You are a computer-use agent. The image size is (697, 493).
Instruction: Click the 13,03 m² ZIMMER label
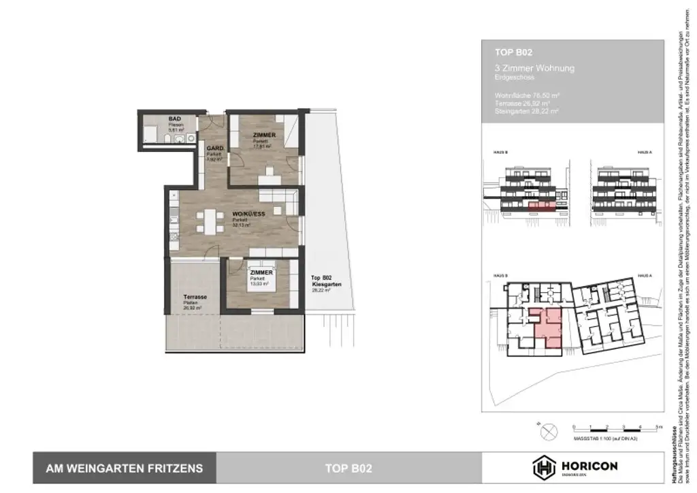point(261,273)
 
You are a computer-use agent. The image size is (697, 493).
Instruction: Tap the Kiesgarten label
point(323,283)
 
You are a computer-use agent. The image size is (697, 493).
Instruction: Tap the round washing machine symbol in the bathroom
point(150,134)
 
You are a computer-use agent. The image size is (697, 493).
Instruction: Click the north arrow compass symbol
point(548,431)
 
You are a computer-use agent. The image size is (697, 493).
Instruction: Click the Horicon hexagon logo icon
point(542,467)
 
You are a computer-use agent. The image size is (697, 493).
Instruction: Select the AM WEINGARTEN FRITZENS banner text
point(124,468)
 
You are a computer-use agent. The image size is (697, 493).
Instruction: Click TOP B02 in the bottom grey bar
point(348,468)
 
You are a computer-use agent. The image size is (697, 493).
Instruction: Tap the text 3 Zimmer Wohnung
point(534,68)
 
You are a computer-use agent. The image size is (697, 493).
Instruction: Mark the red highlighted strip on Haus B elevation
point(542,204)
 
